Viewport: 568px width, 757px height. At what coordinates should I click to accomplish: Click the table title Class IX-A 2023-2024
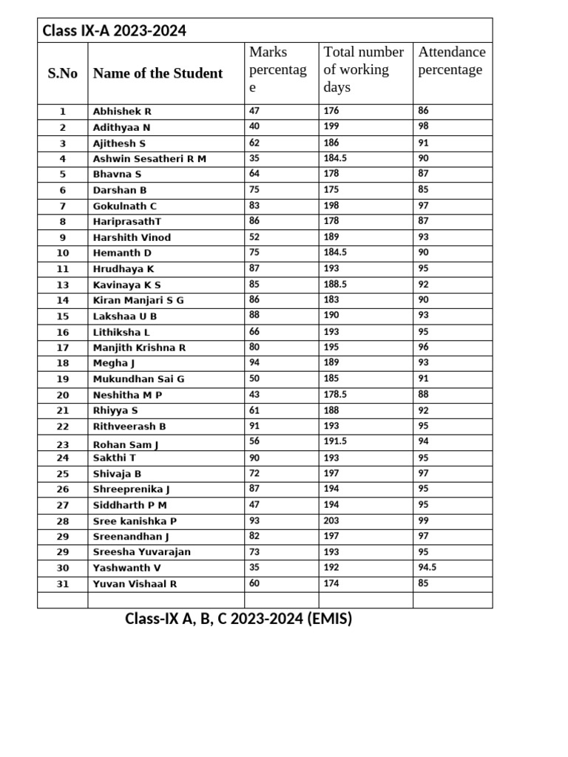pos(114,30)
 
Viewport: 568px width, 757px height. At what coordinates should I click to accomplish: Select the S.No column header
pos(63,73)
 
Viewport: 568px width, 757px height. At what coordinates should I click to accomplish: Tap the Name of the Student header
pos(158,73)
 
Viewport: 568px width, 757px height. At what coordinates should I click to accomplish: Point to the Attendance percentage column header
pos(452,61)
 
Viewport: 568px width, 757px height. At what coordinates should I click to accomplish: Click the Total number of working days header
pos(363,69)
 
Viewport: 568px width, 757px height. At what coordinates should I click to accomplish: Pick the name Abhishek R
pos(122,112)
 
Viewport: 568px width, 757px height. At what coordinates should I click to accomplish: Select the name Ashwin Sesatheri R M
pos(149,159)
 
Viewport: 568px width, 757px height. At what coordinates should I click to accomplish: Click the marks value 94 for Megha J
pos(255,362)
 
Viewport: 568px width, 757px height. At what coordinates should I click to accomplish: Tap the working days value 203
pos(331,520)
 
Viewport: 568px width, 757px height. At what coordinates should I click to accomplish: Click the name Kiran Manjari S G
pos(138,300)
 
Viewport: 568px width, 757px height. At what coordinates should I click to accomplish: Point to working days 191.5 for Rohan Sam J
pos(335,441)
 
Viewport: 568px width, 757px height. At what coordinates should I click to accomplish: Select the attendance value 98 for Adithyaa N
pos(423,126)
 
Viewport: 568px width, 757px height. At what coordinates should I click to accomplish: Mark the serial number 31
pos(63,584)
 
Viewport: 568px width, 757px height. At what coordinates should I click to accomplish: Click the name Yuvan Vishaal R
pos(135,584)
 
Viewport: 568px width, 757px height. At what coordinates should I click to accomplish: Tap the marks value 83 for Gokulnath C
pos(255,206)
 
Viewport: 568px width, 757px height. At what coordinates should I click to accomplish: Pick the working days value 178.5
pos(335,394)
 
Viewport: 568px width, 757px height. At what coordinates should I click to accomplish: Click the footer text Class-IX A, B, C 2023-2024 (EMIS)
pos(238,619)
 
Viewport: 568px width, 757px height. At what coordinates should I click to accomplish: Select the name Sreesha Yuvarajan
pos(141,552)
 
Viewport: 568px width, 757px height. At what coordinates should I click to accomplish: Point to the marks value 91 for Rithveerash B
pos(255,426)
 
